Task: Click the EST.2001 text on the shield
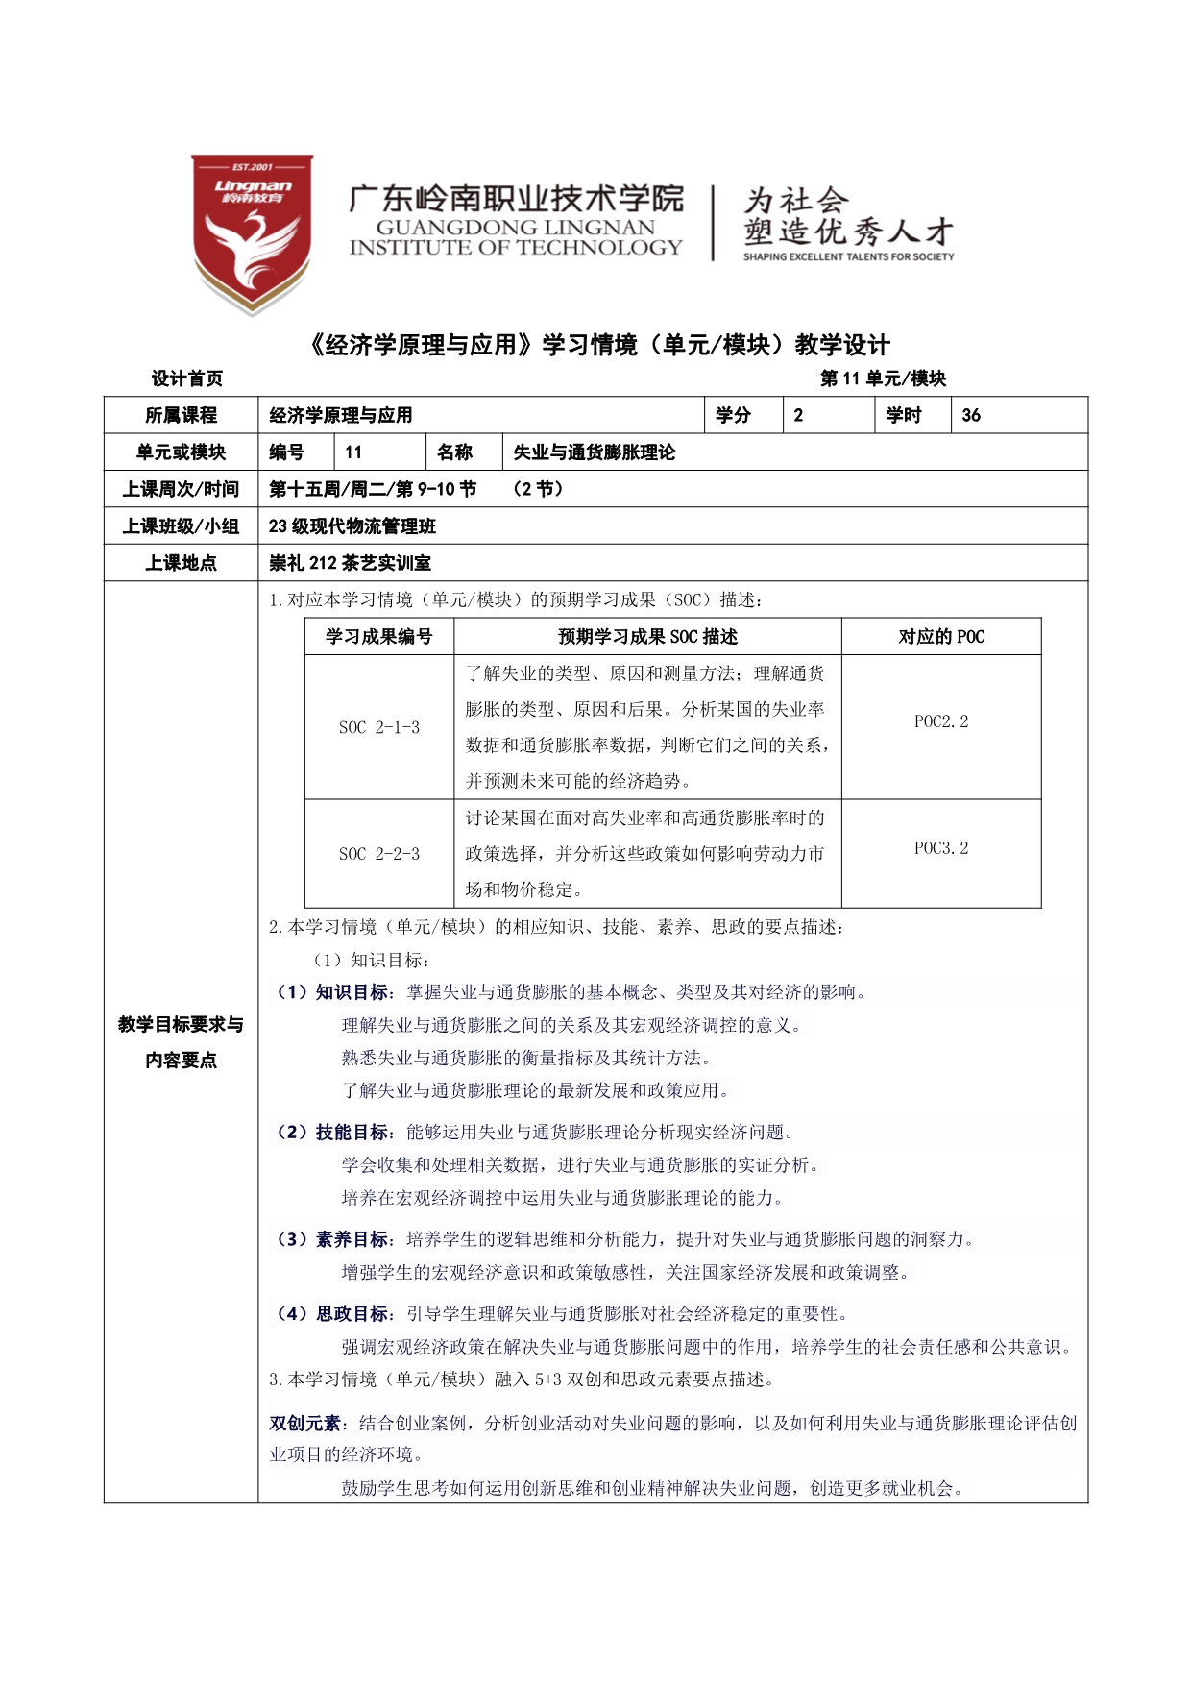coord(253,167)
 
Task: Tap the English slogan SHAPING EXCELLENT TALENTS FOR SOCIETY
coord(848,257)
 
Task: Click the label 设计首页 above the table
coord(187,378)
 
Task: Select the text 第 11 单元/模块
coord(883,378)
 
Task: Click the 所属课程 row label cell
coord(182,415)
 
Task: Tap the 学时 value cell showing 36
coord(1018,415)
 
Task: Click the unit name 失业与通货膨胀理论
coord(594,452)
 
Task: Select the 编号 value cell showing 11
coord(379,452)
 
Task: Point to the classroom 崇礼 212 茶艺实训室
coord(350,563)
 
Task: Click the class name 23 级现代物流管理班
coord(352,526)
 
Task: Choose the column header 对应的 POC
coord(941,637)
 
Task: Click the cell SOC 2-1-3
coord(379,727)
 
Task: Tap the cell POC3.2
coord(941,848)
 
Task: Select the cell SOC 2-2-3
coord(379,854)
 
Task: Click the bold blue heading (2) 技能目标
coord(332,1133)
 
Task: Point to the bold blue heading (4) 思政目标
coord(332,1314)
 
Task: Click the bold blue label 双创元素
coord(304,1424)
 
